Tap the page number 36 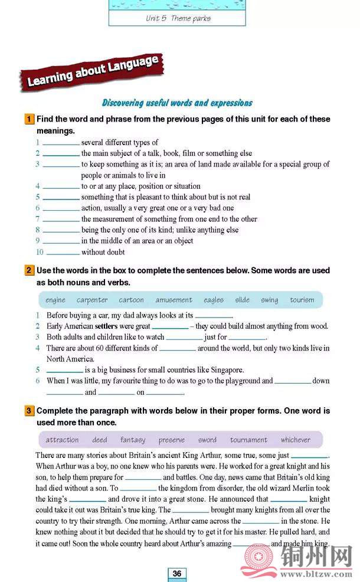177,573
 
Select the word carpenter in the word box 92,300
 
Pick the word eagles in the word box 214,300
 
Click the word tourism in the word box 302,300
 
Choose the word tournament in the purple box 248,440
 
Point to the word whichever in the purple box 296,440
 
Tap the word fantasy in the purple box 133,440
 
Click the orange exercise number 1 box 29,119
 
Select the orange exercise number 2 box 29,271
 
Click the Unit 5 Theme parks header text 178,18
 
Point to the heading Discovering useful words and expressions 177,103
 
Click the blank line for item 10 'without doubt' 63,253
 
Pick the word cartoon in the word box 131,300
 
